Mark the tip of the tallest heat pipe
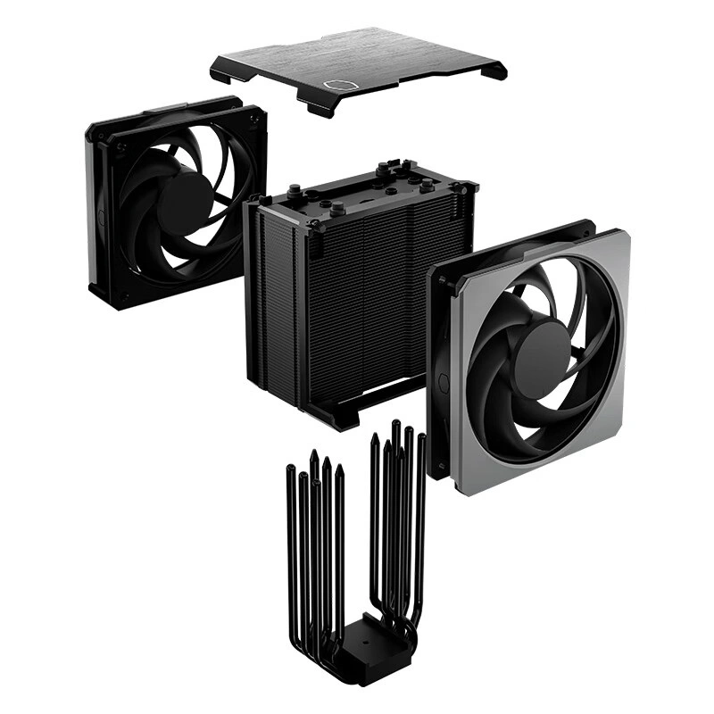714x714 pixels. pyautogui.click(x=395, y=426)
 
